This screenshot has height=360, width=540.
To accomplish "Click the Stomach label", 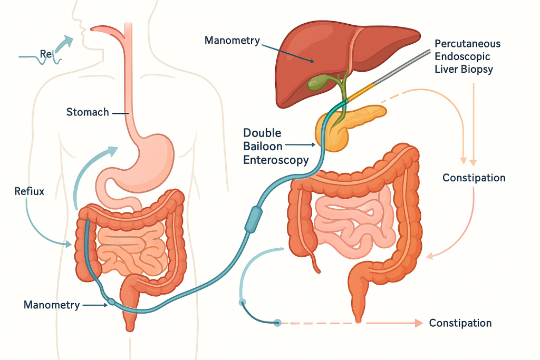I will [88, 112].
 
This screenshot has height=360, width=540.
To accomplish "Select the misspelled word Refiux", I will [30, 192].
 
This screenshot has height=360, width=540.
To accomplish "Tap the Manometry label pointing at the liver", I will [232, 40].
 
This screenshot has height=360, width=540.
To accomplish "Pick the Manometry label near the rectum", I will [52, 305].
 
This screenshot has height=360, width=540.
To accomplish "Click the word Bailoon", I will [263, 147].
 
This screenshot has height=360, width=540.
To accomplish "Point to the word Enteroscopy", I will [275, 160].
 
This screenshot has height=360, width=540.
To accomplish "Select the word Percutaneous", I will [468, 44].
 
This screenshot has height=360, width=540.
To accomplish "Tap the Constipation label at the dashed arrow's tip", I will [460, 323].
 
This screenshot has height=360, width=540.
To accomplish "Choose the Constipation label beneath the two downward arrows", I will [474, 178].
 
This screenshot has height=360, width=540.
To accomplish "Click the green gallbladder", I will [319, 84].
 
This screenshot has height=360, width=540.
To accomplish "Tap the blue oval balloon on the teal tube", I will [253, 218].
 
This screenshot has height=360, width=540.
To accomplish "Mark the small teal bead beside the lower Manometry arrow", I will [111, 303].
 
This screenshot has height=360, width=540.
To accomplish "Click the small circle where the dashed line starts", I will [277, 323].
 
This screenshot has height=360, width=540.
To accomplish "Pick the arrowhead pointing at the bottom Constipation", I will [419, 323].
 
